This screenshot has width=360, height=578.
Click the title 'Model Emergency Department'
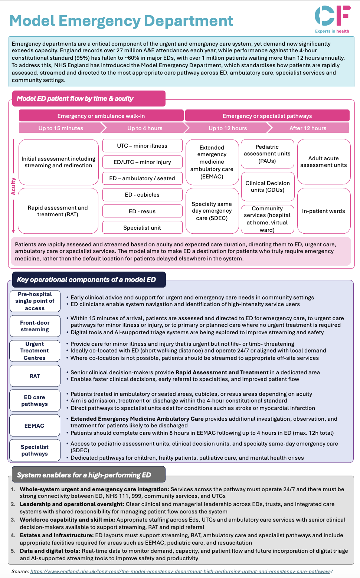click(x=121, y=21)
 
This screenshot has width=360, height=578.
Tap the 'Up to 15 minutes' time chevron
click(x=61, y=128)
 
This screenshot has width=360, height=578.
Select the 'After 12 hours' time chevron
click(x=308, y=128)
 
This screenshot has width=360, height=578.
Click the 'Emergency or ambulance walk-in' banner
click(x=101, y=116)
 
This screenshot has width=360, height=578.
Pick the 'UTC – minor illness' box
click(x=142, y=146)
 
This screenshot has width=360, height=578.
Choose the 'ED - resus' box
click(x=142, y=211)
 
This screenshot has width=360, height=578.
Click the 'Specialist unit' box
click(x=142, y=227)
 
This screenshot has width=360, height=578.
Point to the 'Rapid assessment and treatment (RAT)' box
click(x=58, y=211)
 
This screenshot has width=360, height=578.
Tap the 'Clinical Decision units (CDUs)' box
click(x=268, y=187)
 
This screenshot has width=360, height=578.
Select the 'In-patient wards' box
click(x=324, y=211)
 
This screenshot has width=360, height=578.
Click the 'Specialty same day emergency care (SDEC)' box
click(x=212, y=211)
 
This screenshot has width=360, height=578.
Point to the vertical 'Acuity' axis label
click(x=14, y=186)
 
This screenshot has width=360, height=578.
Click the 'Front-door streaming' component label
click(x=35, y=326)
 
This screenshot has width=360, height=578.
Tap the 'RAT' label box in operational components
click(x=35, y=376)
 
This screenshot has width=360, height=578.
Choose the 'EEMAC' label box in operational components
click(x=35, y=426)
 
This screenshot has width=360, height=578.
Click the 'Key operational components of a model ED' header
click(x=86, y=279)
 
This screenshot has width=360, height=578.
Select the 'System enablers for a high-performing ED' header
click(x=84, y=475)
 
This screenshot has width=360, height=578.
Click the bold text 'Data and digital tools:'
click(x=50, y=551)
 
